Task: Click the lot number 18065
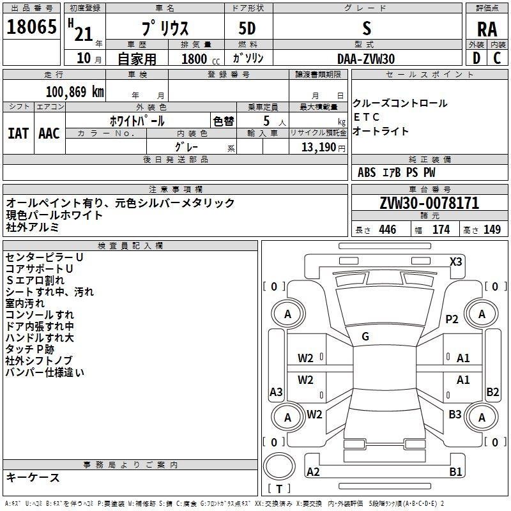(31, 27)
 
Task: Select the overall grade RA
(487, 29)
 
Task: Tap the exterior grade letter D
(477, 58)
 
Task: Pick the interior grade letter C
(497, 58)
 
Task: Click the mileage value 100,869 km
(75, 92)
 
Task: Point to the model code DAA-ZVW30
(366, 59)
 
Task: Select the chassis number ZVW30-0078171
(429, 203)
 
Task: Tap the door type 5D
(247, 29)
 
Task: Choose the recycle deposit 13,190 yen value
(323, 148)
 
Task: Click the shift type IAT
(19, 133)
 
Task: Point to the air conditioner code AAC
(49, 133)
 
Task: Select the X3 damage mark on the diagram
(455, 262)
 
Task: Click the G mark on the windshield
(365, 337)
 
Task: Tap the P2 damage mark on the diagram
(452, 319)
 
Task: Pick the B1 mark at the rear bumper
(455, 471)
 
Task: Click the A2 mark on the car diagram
(313, 471)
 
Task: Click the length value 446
(388, 230)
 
